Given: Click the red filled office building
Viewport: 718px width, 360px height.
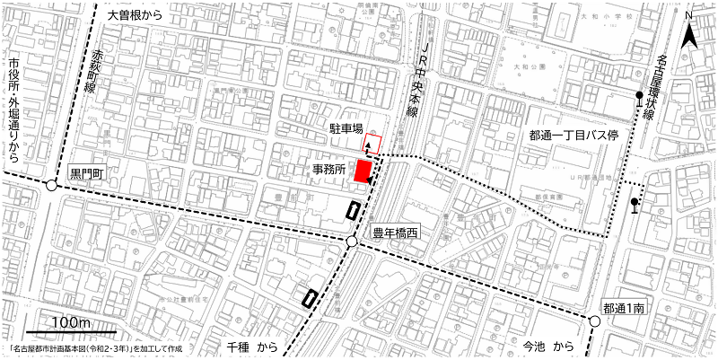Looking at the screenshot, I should click(363, 171).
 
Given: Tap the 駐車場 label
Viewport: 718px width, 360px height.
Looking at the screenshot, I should click(346, 129).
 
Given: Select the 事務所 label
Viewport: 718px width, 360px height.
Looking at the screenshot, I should click(329, 169).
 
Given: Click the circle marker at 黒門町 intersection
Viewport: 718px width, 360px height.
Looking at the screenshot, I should click(51, 186).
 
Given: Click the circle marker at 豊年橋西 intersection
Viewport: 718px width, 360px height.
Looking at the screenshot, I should click(352, 242).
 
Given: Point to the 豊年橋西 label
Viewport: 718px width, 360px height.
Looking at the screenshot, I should click(396, 233).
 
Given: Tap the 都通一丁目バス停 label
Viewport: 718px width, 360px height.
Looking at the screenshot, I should click(574, 135).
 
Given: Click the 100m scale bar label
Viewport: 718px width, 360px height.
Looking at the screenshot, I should click(71, 322).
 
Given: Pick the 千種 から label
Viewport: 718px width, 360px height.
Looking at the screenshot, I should click(256, 346).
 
